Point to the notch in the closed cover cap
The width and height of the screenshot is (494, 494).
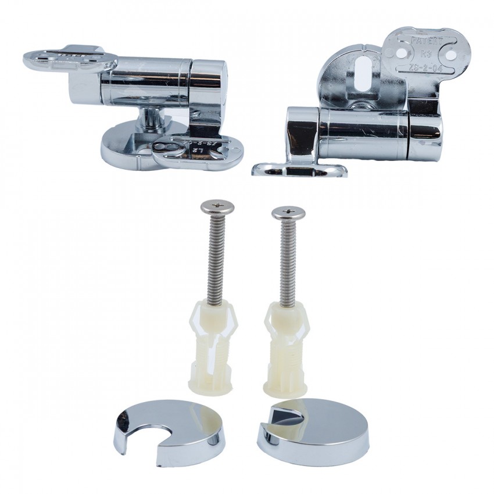(x=283, y=416)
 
